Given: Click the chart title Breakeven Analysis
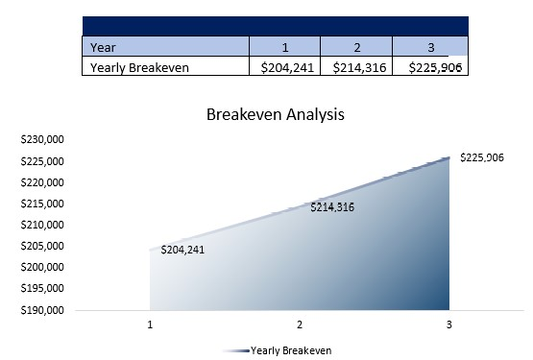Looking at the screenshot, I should coord(276,114).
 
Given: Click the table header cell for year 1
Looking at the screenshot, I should coord(285,46).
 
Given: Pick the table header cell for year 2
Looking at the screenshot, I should coord(356,46).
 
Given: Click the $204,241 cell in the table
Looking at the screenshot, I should coord(285,67).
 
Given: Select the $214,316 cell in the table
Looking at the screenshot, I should coord(356,67).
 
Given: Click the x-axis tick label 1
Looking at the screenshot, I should coord(151,325).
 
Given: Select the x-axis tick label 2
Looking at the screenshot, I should coord(300,325).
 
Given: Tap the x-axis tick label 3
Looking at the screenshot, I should coord(448,325).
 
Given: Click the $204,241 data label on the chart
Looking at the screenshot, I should coord(182,249).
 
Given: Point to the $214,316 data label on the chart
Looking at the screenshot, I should coord(332,206).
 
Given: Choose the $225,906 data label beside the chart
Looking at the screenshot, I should coord(482,157).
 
